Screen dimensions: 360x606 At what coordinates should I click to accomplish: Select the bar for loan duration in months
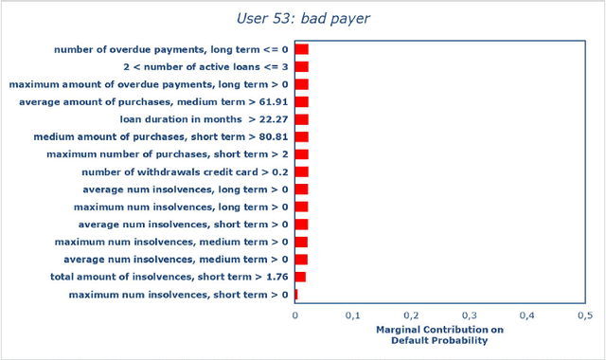tap(301, 119)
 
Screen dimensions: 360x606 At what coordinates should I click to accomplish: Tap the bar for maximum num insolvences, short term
tap(296, 295)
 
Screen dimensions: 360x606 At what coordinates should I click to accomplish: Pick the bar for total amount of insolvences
tap(300, 277)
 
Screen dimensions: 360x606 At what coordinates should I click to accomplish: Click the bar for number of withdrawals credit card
tap(301, 171)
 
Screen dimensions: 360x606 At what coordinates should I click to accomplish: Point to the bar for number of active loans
tap(301, 67)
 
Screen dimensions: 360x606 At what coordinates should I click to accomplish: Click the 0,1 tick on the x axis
tap(352, 315)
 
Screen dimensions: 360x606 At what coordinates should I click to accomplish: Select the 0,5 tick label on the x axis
tap(584, 315)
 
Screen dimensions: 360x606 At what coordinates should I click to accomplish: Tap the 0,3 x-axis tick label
tap(469, 315)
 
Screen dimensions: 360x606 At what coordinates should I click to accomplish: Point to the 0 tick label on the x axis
tap(294, 315)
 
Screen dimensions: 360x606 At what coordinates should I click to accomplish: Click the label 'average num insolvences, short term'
tap(184, 225)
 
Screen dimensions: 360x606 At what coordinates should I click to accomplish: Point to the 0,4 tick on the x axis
tap(526, 315)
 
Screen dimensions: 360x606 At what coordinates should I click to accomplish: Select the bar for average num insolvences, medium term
tap(301, 259)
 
